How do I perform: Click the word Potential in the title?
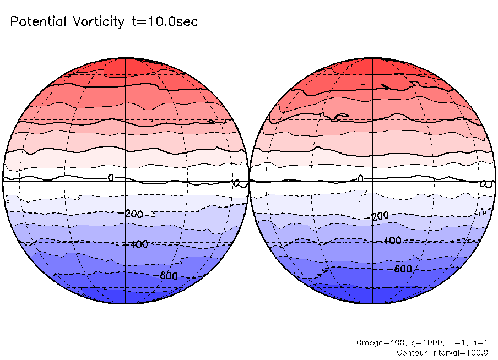(x=38, y=22)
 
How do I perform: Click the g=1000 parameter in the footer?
(x=417, y=342)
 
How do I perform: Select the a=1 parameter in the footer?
(x=475, y=342)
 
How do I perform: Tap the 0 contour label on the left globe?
(x=110, y=178)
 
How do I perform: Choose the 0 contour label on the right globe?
(x=360, y=178)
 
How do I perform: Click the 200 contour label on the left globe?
(x=136, y=214)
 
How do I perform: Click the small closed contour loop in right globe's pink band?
(x=341, y=116)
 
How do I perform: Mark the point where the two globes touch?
(x=249, y=180)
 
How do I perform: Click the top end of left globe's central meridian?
(x=126, y=57)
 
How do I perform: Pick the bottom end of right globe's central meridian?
(x=373, y=303)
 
